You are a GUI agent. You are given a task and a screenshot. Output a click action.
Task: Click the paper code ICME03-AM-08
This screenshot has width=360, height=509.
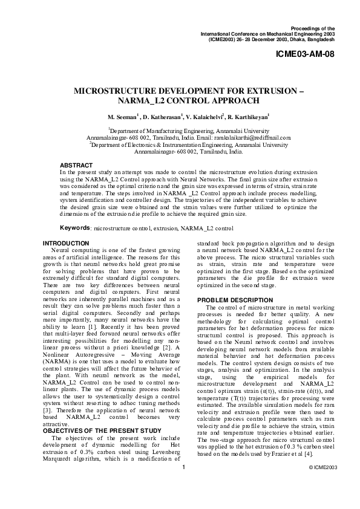(x=305, y=54)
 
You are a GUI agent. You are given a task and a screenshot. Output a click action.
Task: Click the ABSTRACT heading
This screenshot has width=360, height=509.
(x=76, y=165)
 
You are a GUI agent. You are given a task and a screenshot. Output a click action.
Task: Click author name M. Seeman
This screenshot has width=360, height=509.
(x=123, y=117)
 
